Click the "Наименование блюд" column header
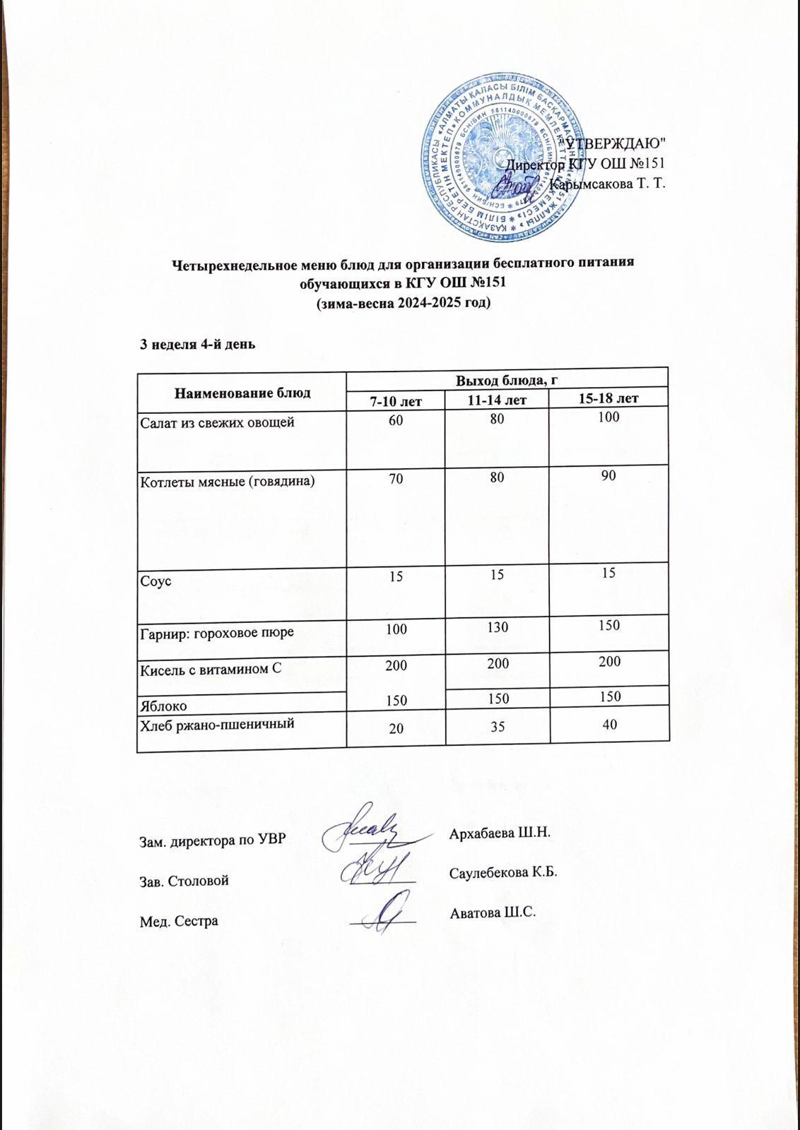click(x=242, y=393)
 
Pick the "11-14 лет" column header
click(x=498, y=400)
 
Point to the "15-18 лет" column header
click(x=608, y=399)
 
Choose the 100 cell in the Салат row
click(x=608, y=417)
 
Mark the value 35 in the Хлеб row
click(x=498, y=727)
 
